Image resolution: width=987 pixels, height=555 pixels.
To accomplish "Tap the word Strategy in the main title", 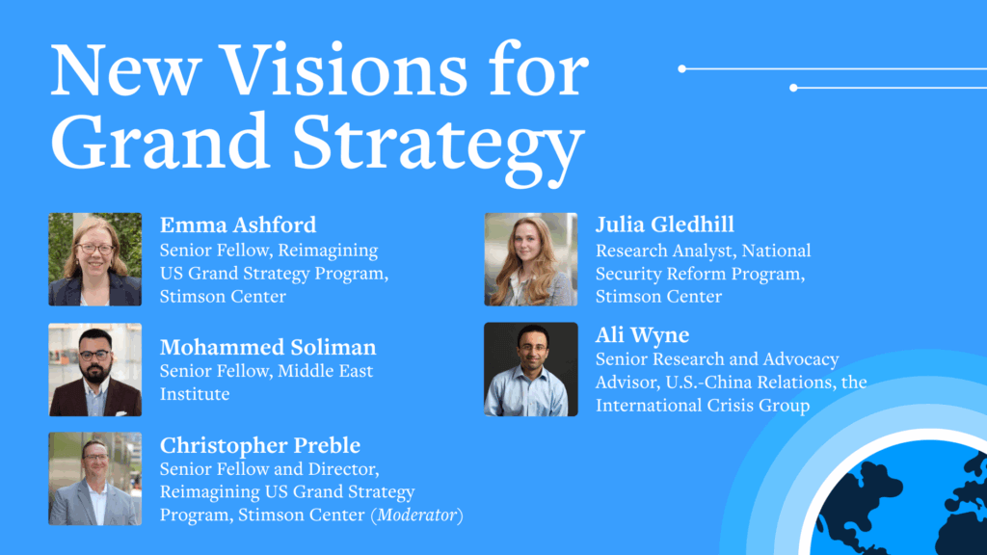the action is (x=439, y=147).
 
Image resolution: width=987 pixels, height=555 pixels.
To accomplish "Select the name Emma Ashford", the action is (x=238, y=225).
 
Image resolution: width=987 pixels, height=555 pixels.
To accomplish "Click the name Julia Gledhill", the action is (x=665, y=224).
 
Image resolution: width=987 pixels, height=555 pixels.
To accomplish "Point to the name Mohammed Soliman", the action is (x=268, y=347).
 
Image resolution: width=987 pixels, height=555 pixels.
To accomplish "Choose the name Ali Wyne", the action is (x=642, y=334).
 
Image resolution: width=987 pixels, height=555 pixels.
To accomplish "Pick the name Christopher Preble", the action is (x=260, y=445).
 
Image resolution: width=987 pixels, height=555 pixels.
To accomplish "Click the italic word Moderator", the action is (x=416, y=515).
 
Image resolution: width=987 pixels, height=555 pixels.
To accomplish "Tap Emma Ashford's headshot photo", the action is (x=95, y=259).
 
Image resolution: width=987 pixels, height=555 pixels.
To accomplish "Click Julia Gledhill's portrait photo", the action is (x=531, y=259).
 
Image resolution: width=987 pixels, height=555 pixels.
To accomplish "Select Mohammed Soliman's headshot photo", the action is (x=95, y=369).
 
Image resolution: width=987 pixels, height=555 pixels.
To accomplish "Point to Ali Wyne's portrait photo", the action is (x=531, y=369).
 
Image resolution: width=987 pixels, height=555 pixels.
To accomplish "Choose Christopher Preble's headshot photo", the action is (x=95, y=479).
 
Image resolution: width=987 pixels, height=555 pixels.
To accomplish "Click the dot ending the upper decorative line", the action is (x=681, y=68).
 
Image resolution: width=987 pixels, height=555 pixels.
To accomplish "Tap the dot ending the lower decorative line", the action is (x=794, y=88).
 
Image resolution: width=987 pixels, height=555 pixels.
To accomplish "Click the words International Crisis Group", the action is (x=703, y=406).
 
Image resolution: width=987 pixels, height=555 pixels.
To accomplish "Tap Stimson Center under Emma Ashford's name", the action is (x=223, y=296).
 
